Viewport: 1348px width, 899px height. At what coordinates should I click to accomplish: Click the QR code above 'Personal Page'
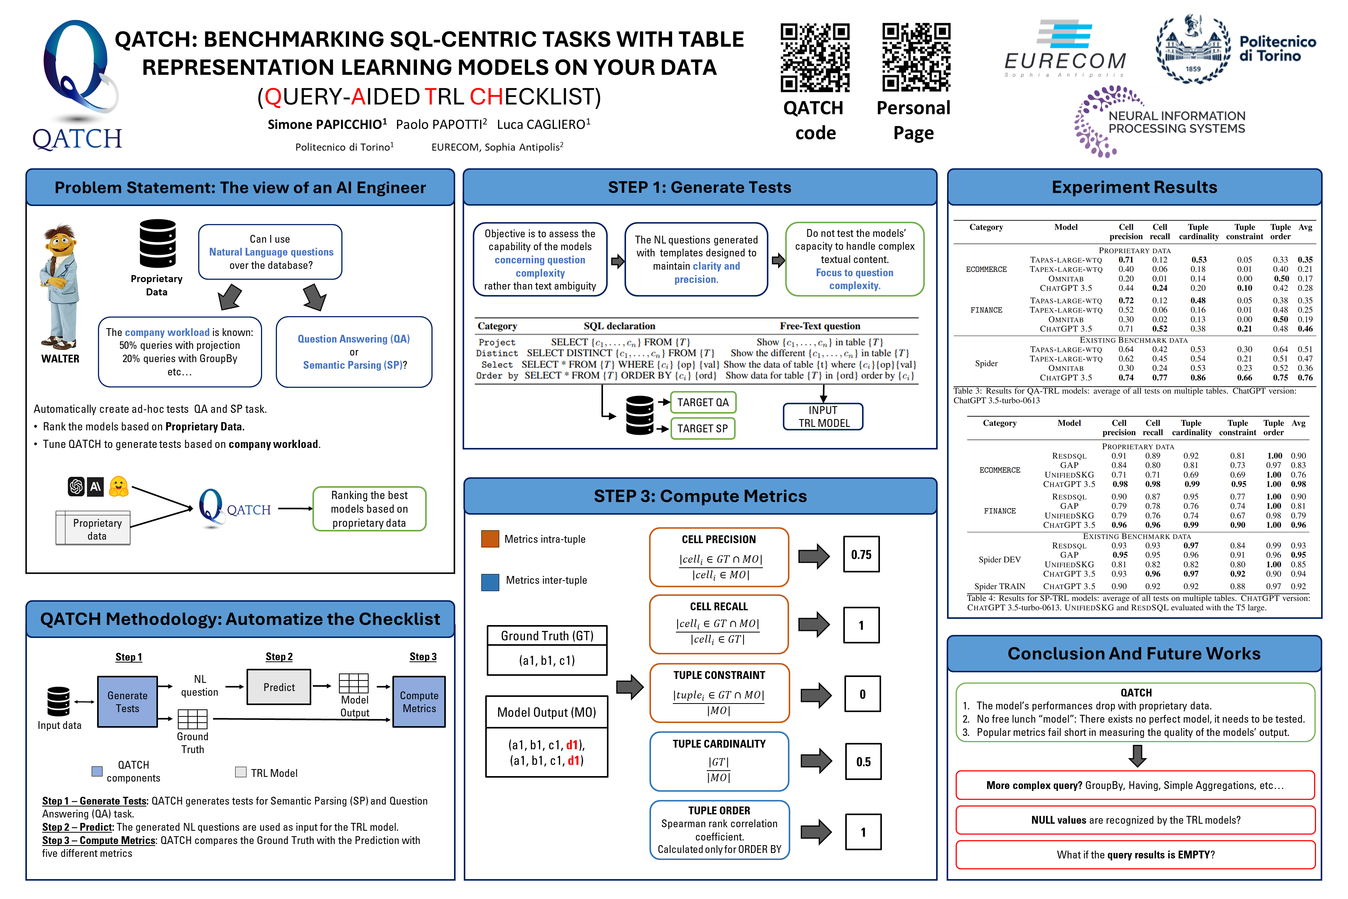coord(916,57)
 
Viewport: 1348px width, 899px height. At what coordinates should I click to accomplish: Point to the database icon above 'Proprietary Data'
coord(158,243)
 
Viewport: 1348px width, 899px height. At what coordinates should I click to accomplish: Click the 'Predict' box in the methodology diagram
coord(279,687)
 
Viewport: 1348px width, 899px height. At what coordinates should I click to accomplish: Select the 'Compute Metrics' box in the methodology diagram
coord(419,702)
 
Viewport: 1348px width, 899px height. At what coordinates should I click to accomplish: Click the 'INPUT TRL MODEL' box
coord(823,417)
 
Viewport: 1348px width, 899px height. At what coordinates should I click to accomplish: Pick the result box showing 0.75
coord(861,554)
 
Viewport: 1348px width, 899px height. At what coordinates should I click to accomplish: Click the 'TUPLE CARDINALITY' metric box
coord(719,761)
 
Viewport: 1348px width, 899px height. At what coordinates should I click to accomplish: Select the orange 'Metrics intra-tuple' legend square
coord(490,539)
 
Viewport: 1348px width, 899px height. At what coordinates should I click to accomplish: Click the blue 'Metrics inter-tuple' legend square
coord(490,581)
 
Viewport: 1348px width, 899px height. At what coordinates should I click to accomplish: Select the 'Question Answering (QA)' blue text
coord(354,339)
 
